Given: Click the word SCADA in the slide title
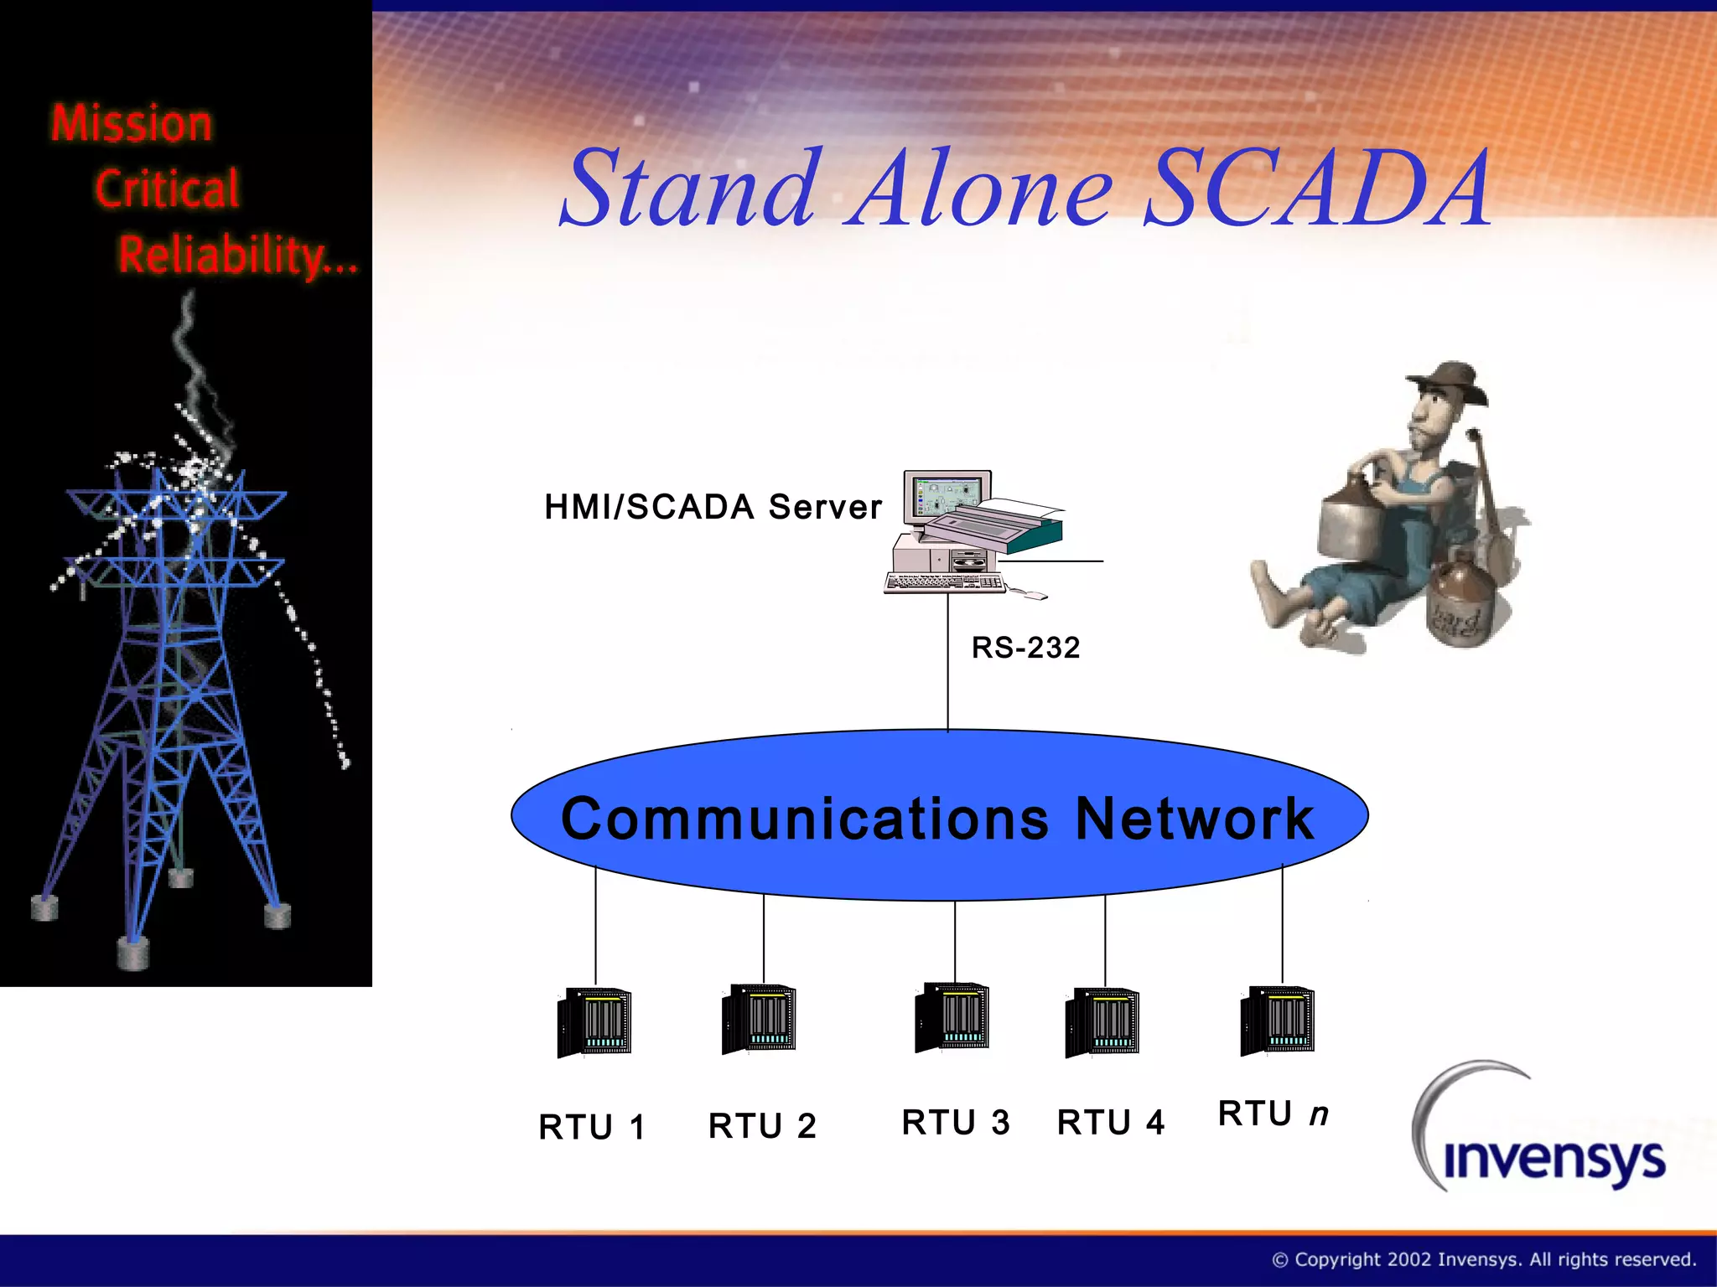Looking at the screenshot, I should click(1318, 189).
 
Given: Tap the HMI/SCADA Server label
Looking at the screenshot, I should click(713, 508).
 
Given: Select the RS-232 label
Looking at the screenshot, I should click(1025, 648).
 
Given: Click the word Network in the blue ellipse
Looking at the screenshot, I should click(1194, 819).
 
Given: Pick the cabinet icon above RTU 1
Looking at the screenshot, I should click(594, 1022).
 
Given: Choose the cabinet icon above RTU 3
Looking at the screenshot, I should click(952, 1017).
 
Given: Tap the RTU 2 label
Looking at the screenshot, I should click(762, 1126).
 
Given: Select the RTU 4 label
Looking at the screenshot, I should click(1111, 1123).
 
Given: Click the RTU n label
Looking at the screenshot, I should click(1273, 1114).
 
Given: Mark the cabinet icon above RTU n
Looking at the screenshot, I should click(1278, 1021).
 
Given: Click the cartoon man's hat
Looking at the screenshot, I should click(1449, 381).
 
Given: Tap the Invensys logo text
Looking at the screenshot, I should click(1554, 1160).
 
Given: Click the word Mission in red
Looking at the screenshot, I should click(132, 124).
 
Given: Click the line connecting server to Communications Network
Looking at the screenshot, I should click(948, 662).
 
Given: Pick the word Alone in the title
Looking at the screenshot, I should click(979, 189).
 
